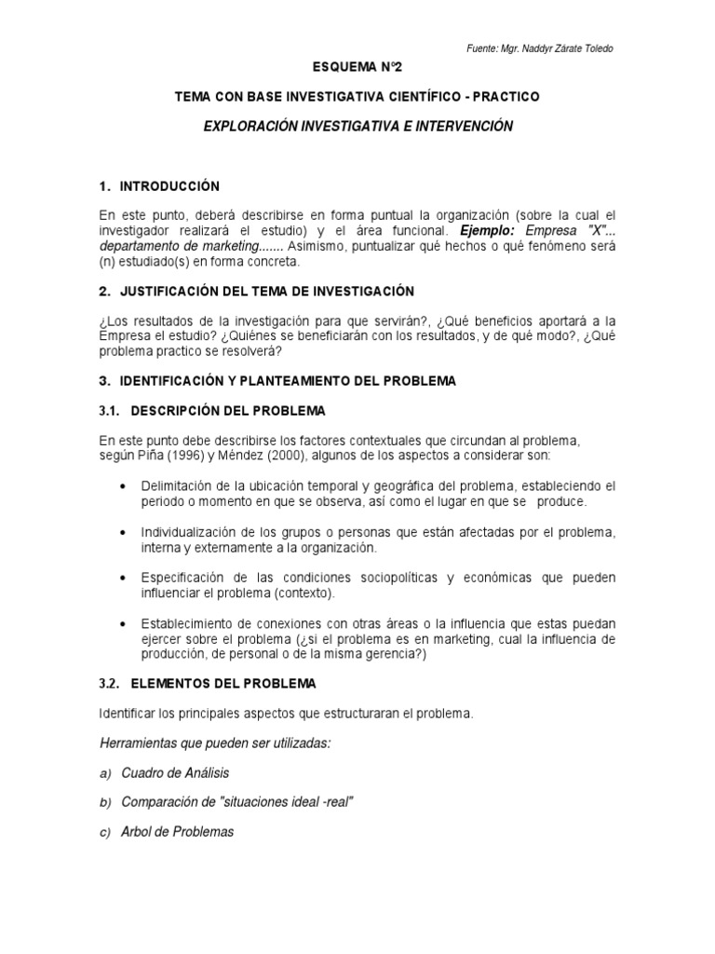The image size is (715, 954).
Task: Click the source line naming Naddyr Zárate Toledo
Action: tap(540, 48)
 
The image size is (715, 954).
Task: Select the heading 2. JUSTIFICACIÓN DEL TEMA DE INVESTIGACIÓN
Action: tap(256, 292)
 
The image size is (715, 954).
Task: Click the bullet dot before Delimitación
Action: tap(125, 486)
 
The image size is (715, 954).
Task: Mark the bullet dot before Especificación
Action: tap(125, 578)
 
